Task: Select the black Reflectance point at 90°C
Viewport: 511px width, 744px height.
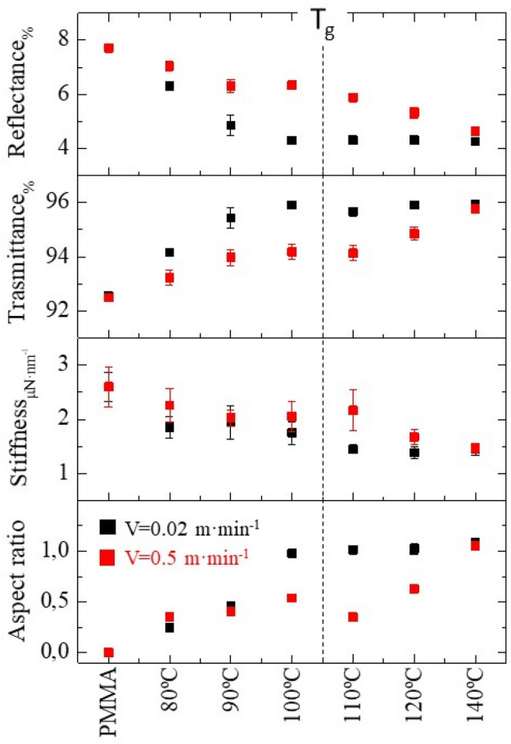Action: tap(231, 125)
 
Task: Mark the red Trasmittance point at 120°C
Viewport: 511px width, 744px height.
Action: tap(414, 233)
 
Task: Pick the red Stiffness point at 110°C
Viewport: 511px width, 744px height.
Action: tap(353, 410)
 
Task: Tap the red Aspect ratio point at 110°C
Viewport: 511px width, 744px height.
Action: tap(353, 616)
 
